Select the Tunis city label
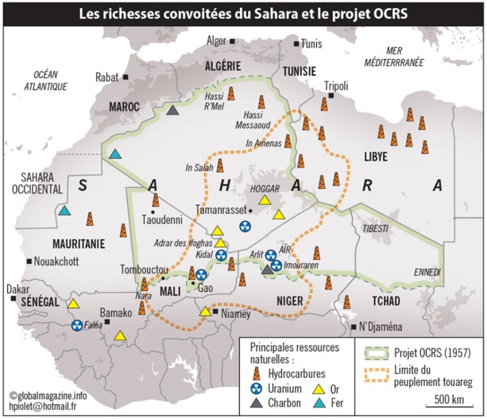click(311, 43)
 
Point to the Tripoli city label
click(337, 85)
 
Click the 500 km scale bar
click(451, 401)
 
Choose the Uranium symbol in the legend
click(257, 389)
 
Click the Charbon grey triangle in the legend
click(257, 403)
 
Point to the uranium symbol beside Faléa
click(77, 325)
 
